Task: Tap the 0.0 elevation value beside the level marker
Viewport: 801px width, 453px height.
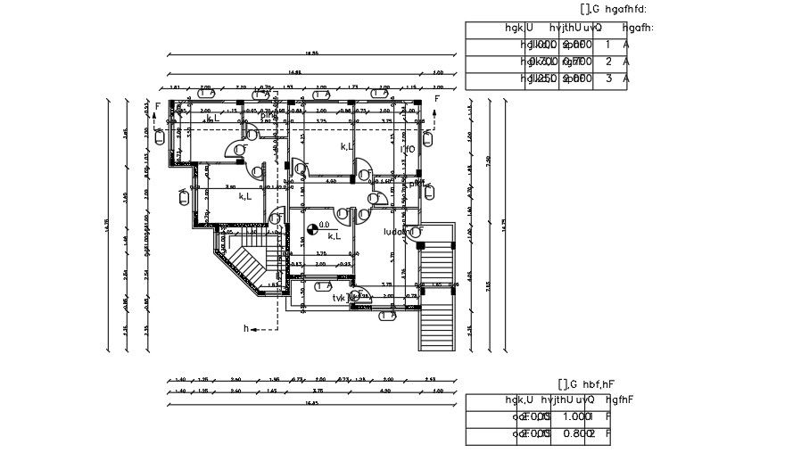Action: [324, 225]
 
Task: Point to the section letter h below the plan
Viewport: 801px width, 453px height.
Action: [247, 329]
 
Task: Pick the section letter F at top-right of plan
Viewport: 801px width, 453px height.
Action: [437, 99]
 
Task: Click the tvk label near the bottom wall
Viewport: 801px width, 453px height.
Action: [340, 298]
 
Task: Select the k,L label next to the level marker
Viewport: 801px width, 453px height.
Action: [334, 236]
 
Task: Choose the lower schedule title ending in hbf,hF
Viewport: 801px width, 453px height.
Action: [587, 384]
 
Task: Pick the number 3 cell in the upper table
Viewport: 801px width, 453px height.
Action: [607, 78]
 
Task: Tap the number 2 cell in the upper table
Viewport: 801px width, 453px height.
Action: [607, 62]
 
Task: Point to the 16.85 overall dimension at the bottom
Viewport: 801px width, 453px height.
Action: [310, 403]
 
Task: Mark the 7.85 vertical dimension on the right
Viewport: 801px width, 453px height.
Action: [488, 285]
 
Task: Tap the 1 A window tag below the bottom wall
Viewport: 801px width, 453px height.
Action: [386, 316]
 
